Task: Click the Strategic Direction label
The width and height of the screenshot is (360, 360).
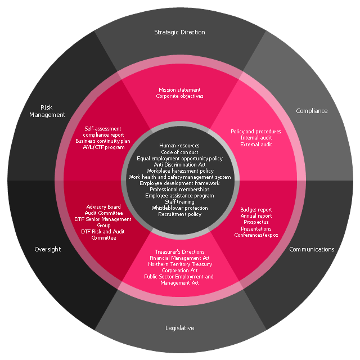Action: tap(179, 32)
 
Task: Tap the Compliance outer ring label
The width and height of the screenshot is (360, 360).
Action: tap(312, 111)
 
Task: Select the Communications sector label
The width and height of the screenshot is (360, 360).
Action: tap(312, 249)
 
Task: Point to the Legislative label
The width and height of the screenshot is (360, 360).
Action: tap(179, 328)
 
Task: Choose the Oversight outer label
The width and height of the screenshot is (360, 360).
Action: tap(47, 249)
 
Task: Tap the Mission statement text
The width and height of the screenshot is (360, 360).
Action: tap(179, 89)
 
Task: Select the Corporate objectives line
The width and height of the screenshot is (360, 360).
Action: tap(179, 96)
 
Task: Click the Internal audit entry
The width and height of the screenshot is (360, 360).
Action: tap(256, 138)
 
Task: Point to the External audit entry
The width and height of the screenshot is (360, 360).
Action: tap(256, 144)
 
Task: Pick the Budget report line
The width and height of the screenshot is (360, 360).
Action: tap(256, 210)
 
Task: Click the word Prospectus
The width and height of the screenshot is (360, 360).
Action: tap(256, 222)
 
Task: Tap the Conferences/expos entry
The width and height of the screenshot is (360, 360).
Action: tap(256, 235)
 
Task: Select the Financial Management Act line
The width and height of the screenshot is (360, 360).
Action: tap(179, 258)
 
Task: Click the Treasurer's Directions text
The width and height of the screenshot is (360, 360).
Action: tap(179, 251)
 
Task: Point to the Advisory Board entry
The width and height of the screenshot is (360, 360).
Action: tap(103, 207)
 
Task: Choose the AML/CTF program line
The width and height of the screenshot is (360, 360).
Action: tap(103, 147)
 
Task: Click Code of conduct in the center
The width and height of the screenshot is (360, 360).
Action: tap(179, 152)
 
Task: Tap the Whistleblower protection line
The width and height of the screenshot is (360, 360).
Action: tap(179, 208)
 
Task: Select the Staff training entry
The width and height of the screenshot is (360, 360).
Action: tap(179, 201)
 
